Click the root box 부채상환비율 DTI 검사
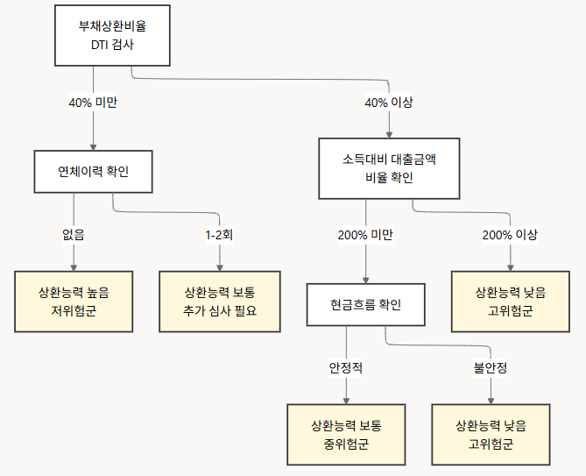(112, 35)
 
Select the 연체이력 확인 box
(93, 171)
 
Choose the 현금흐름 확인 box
(365, 305)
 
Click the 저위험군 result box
(74, 301)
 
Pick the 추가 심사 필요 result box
(219, 301)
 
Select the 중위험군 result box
(346, 435)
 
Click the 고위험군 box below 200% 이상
(510, 301)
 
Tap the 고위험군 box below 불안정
(491, 435)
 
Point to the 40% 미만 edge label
(93, 102)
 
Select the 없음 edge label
(74, 235)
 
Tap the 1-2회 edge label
(219, 235)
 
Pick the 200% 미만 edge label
(365, 235)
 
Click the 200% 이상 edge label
(510, 235)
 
